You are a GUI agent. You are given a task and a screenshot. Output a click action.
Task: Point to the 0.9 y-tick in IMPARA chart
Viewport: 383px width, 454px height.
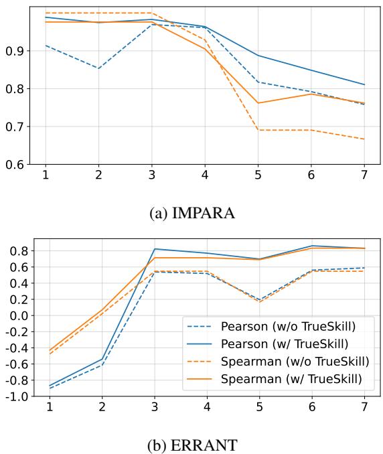(14, 51)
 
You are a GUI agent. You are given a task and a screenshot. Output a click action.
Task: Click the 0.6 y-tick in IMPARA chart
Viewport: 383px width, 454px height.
(14, 164)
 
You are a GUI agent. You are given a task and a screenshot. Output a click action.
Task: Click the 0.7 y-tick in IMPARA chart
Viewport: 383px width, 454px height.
(14, 127)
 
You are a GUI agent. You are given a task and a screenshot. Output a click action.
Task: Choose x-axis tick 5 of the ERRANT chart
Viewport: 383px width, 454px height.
(258, 408)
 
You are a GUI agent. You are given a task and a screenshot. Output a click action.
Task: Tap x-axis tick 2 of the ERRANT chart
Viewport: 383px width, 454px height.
(100, 408)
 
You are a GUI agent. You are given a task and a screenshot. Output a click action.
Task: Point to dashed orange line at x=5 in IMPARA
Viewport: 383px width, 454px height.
(258, 129)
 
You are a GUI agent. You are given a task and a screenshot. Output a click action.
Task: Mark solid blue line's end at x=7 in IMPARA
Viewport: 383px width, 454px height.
(364, 84)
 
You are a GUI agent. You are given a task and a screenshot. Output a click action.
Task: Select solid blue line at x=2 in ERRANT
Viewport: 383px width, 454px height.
(100, 360)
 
